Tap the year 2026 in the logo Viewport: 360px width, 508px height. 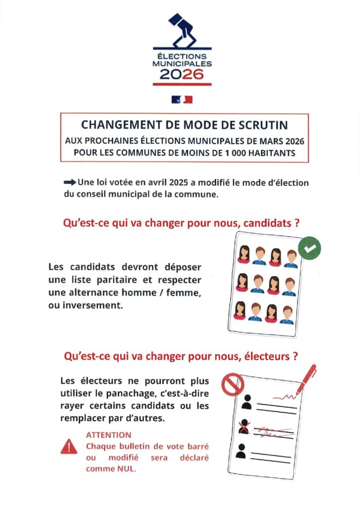click(x=182, y=74)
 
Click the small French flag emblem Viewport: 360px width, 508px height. click(x=182, y=100)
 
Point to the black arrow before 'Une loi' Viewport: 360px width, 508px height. click(x=70, y=183)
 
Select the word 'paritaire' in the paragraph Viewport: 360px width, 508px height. click(x=108, y=280)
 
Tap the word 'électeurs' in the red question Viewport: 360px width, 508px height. click(x=267, y=356)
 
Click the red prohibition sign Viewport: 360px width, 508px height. click(x=232, y=384)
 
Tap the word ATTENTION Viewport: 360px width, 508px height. click(x=109, y=435)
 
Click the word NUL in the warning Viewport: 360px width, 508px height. click(x=125, y=468)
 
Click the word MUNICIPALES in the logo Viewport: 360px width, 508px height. click(x=182, y=63)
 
